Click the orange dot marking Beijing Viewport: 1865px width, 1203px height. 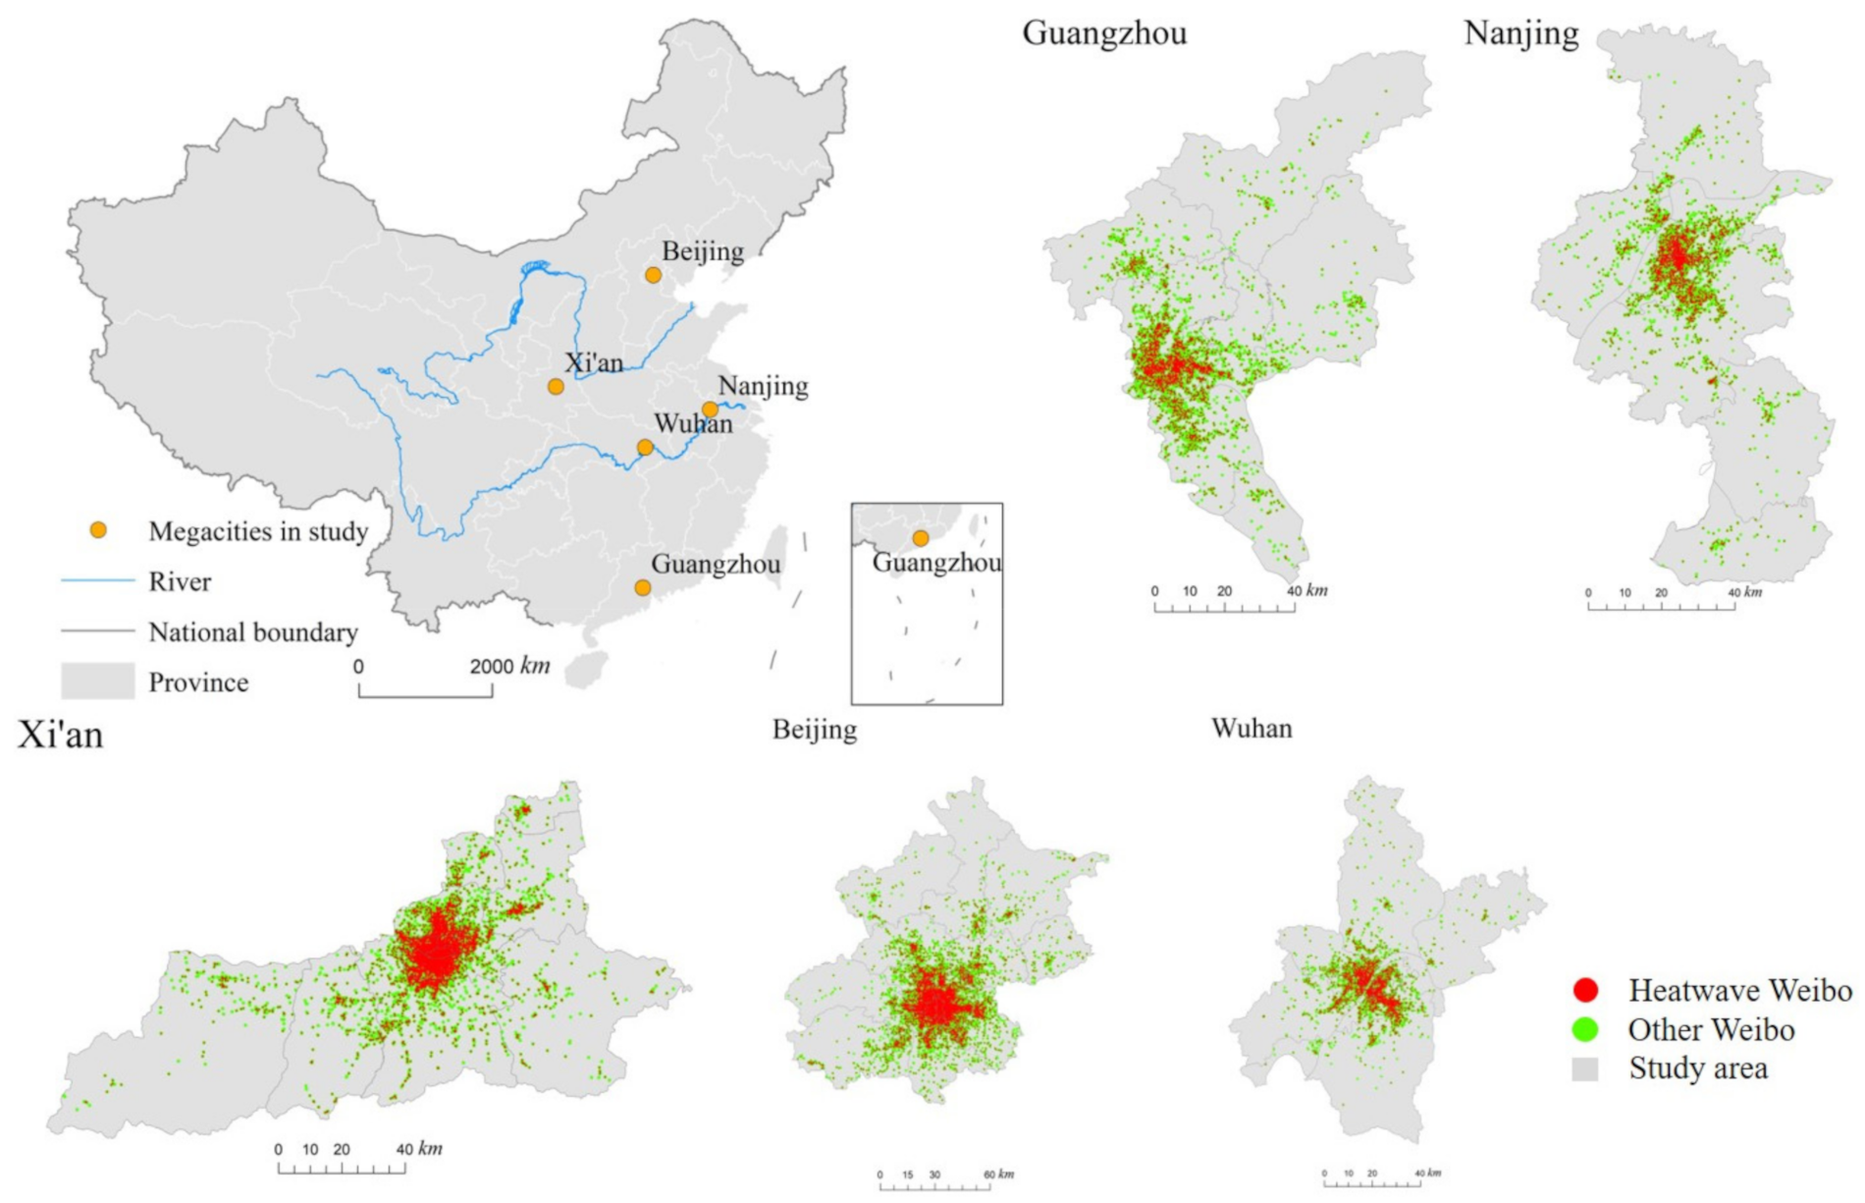[653, 275]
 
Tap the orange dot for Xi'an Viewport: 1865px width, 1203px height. [556, 387]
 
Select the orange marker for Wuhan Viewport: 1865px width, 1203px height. [645, 448]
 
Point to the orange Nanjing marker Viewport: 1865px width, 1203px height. [710, 410]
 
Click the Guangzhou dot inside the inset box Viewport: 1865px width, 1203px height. [920, 538]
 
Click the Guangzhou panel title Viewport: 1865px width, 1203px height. [1104, 33]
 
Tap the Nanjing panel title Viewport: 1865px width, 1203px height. [1520, 33]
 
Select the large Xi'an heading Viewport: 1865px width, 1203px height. [61, 735]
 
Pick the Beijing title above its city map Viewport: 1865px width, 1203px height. [814, 730]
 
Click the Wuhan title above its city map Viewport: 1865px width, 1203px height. [1252, 729]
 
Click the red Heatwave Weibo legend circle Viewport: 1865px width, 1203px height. [1585, 990]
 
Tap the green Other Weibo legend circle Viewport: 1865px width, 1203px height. [1585, 1029]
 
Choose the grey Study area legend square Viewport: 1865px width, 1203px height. [1585, 1068]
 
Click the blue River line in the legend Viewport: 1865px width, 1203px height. [98, 581]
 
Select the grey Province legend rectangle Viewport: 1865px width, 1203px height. [98, 682]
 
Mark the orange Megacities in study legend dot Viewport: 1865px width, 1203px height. [98, 530]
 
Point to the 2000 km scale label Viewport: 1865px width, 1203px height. [508, 666]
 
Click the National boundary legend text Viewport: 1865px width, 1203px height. [253, 632]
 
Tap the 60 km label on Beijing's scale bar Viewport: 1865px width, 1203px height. [999, 1175]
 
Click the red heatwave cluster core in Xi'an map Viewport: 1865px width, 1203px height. [435, 953]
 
